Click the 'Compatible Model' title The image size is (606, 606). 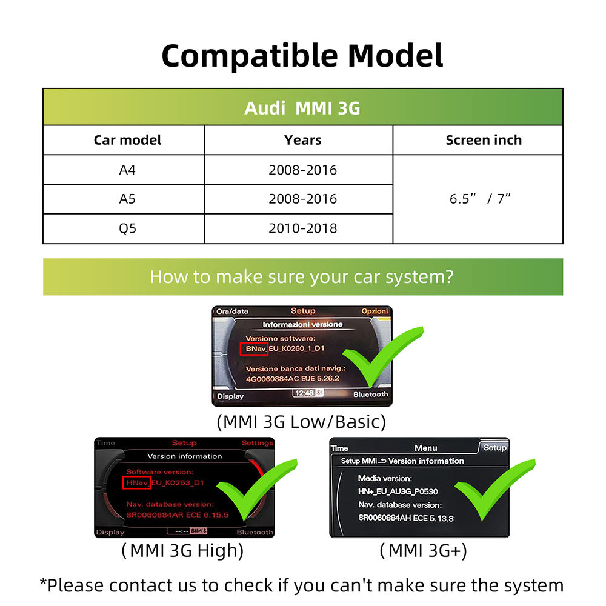(x=302, y=56)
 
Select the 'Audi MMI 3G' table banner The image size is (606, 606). (x=302, y=107)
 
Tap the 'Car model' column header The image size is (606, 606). (x=127, y=140)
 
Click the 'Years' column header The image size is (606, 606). (x=302, y=140)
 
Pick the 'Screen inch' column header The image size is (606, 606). (x=483, y=140)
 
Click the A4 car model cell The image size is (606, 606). (x=127, y=170)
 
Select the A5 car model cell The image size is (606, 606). (x=127, y=199)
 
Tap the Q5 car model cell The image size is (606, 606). (x=127, y=228)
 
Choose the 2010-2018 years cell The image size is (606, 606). (x=302, y=228)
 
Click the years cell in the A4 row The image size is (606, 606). (x=302, y=170)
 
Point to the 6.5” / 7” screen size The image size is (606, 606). (x=480, y=199)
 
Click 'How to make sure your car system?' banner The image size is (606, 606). (x=302, y=277)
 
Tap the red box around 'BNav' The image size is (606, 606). (x=254, y=349)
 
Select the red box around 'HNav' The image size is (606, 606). (x=136, y=482)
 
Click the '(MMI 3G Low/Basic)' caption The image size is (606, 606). (x=301, y=421)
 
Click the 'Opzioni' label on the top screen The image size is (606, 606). (x=374, y=311)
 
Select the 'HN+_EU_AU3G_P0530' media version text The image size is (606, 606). (x=398, y=491)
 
